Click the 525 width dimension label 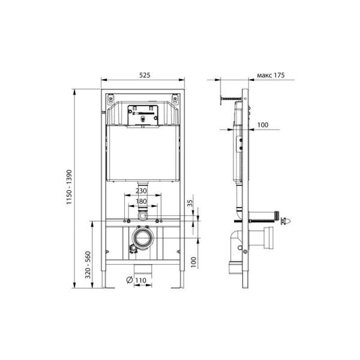click(x=145, y=75)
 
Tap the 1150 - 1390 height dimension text click(x=69, y=187)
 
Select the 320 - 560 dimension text click(x=88, y=265)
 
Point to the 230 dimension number click(x=141, y=191)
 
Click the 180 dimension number click(x=141, y=202)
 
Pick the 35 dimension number click(x=190, y=203)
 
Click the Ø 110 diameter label click(x=136, y=280)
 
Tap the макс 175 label click(x=271, y=75)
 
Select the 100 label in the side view click(x=263, y=125)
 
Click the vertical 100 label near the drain click(x=194, y=262)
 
